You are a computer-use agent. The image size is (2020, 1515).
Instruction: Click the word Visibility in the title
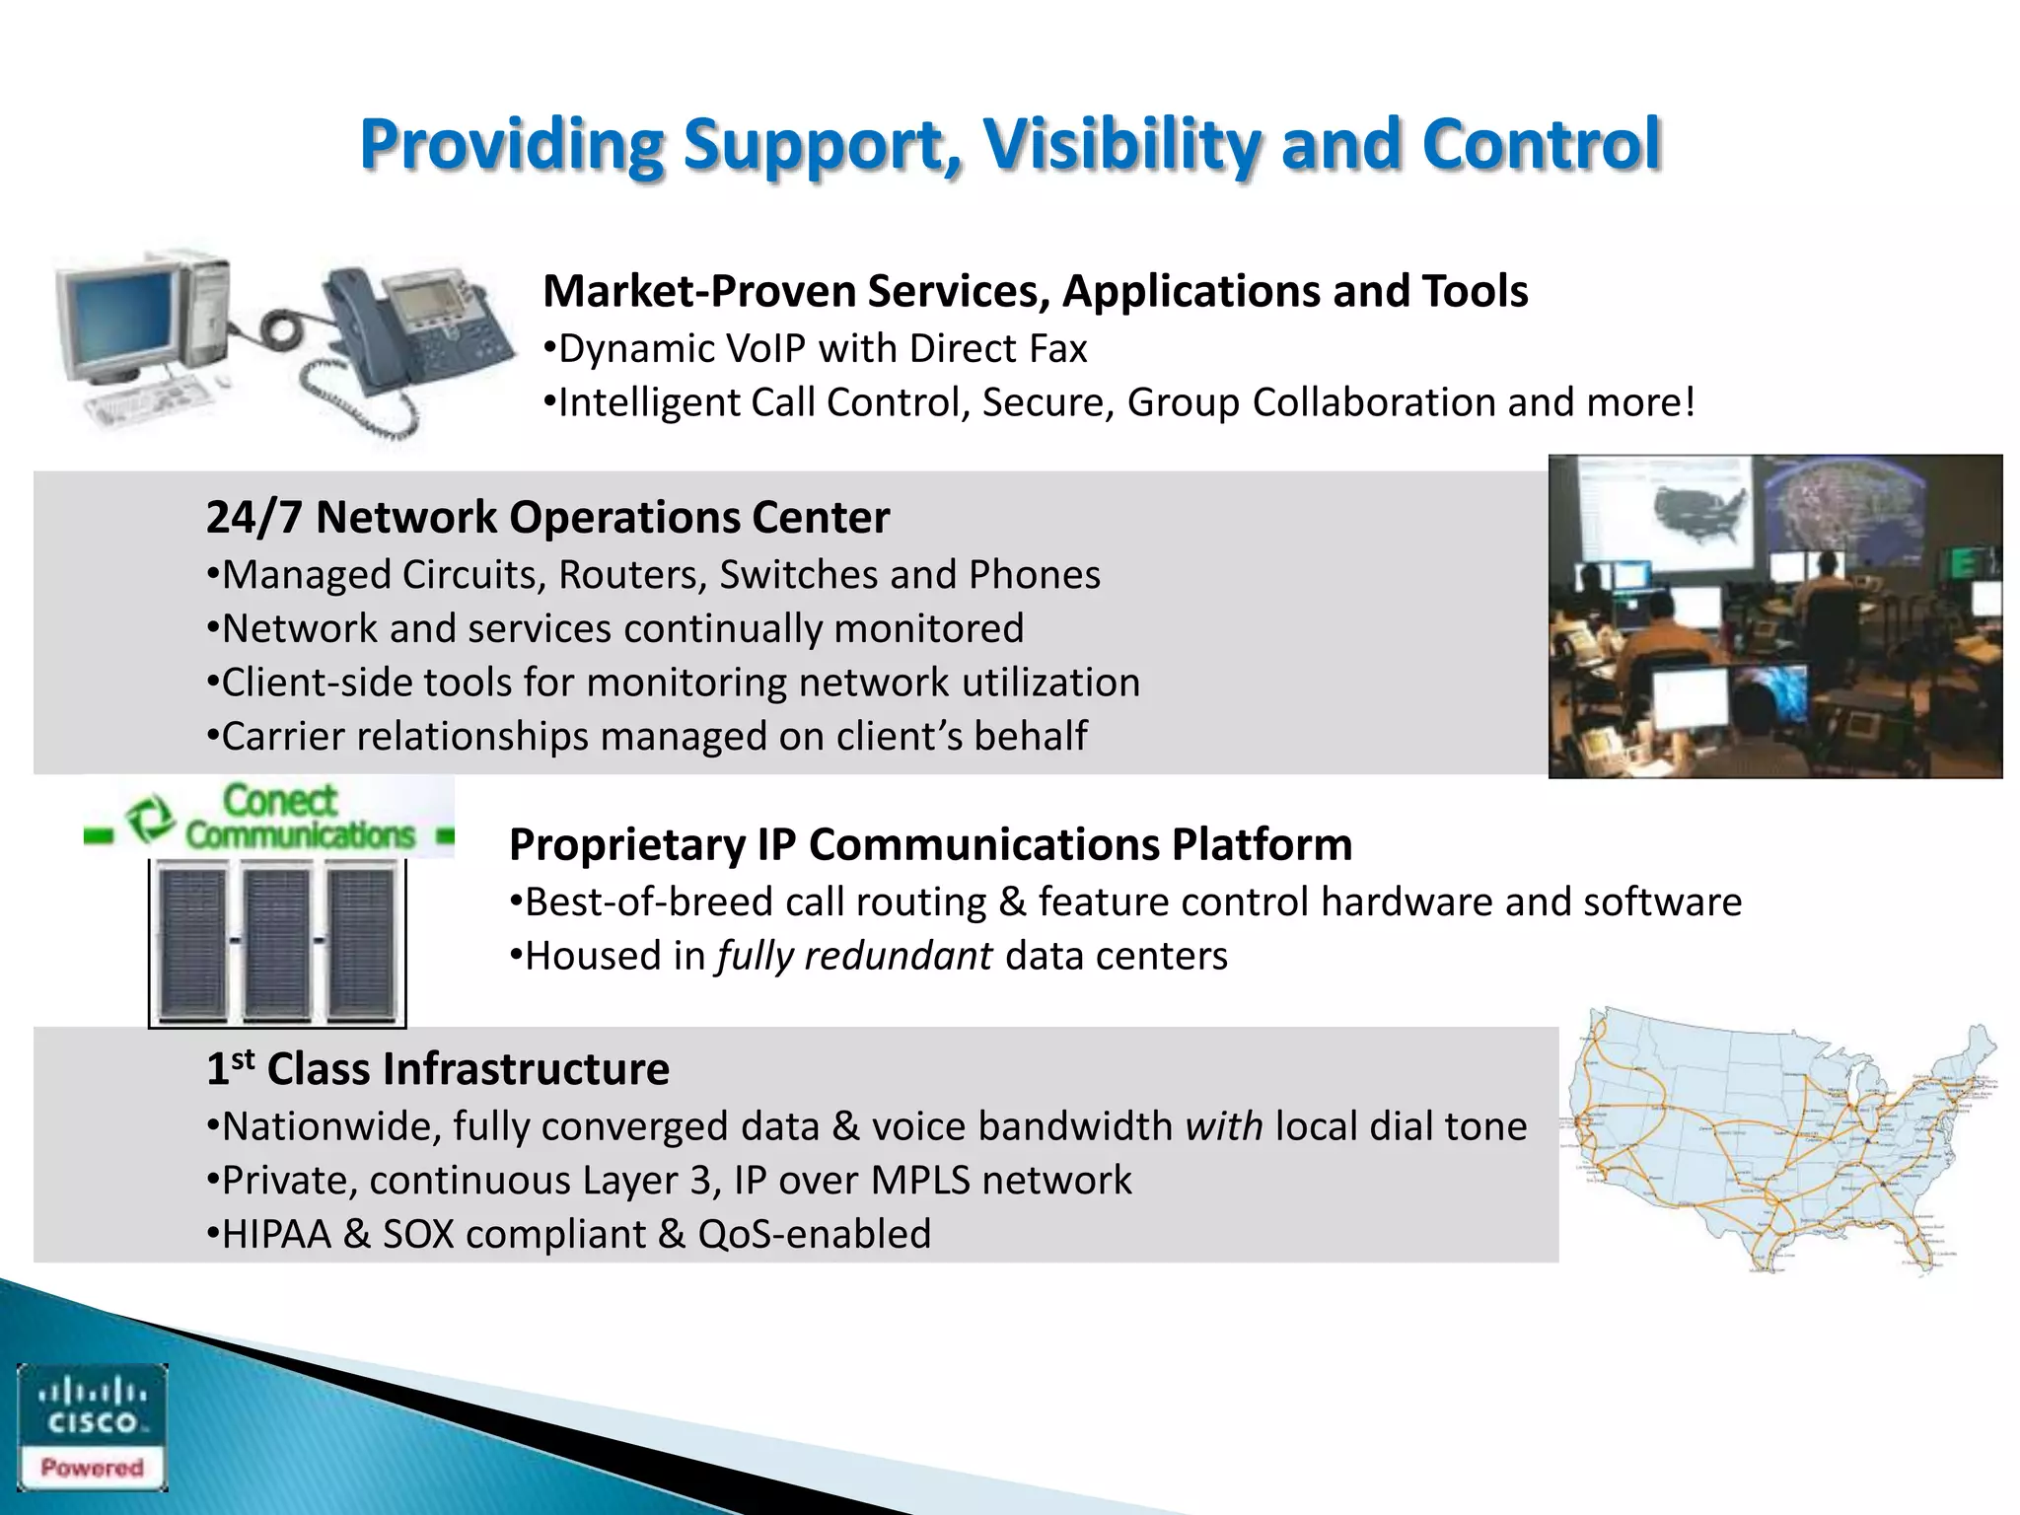pos(1121,145)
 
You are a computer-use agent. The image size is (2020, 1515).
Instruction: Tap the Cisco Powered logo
pos(92,1426)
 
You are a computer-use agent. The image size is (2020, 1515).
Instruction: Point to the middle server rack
pos(277,941)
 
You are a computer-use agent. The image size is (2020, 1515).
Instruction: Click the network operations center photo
pos(1774,616)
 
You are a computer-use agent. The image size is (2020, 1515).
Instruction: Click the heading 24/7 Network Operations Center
pos(547,518)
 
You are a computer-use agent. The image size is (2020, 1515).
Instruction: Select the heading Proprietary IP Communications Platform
pos(930,845)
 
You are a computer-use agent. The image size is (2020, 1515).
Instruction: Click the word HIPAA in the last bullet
pos(276,1235)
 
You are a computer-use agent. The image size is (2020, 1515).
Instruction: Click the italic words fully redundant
pos(854,957)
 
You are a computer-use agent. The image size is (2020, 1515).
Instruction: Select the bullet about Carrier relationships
pos(647,737)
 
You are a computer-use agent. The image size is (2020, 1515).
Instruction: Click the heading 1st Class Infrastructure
pos(438,1069)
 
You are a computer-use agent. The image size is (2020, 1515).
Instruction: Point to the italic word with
pos(1223,1126)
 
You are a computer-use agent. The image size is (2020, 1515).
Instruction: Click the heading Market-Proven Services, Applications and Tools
pos(1035,292)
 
